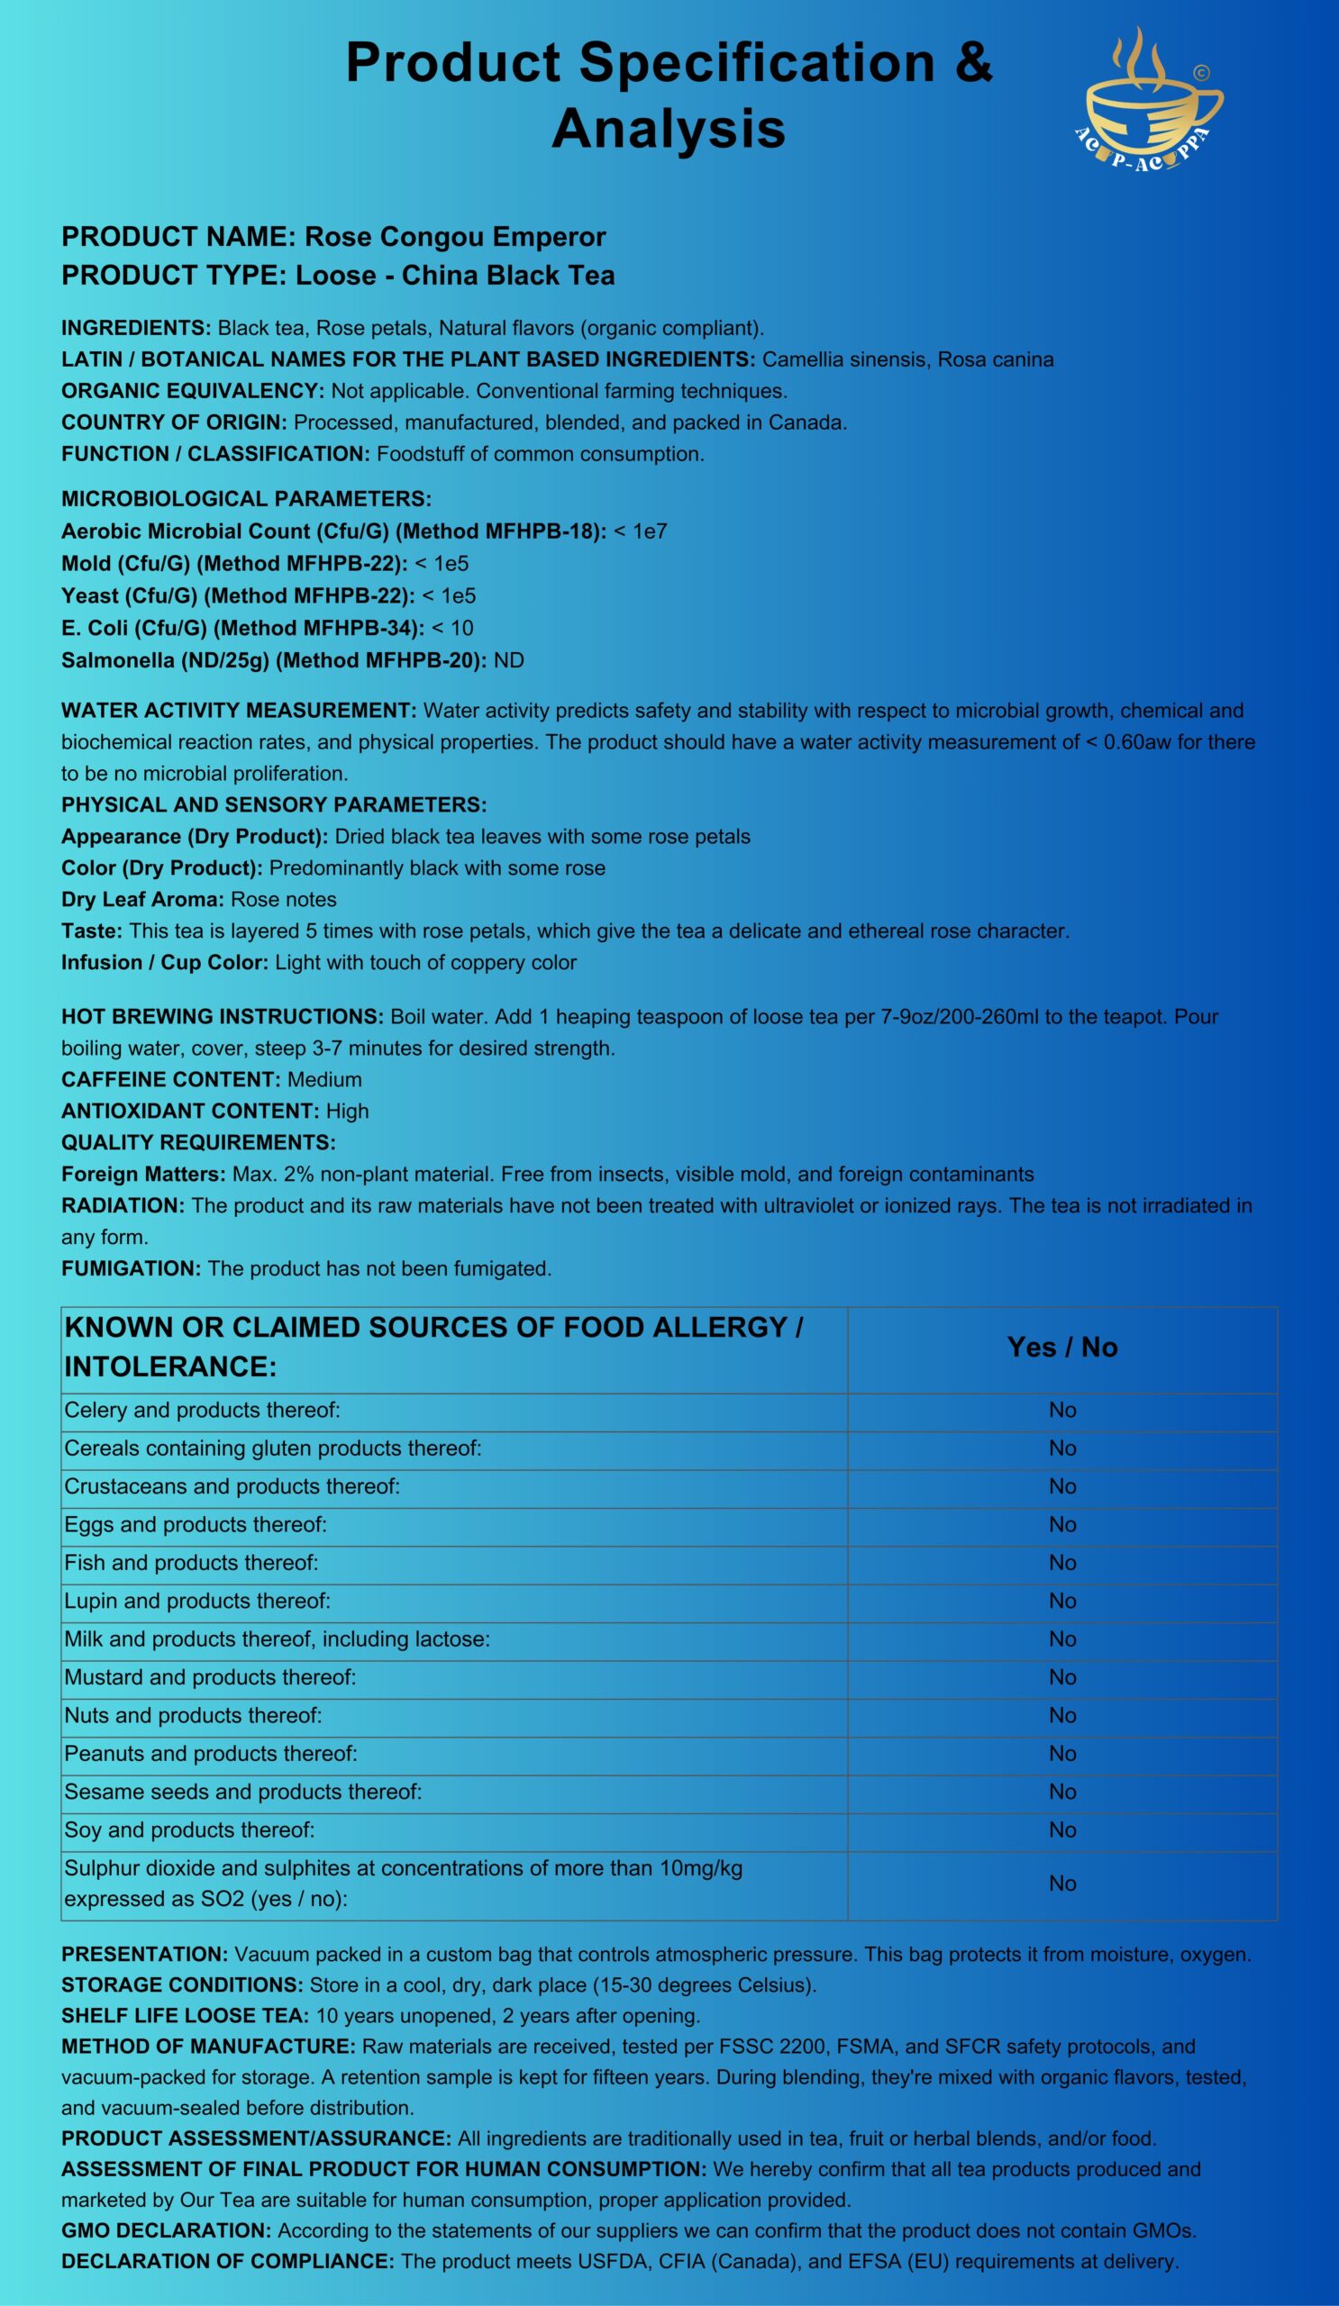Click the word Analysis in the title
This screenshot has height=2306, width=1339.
click(668, 128)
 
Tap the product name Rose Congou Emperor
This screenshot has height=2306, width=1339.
click(455, 237)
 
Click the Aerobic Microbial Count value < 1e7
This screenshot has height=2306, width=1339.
click(641, 531)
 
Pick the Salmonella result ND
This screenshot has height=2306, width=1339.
click(509, 660)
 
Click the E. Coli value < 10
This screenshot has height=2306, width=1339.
click(452, 629)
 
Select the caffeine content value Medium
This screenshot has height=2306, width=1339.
click(325, 1080)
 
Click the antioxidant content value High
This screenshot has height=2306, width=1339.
click(348, 1111)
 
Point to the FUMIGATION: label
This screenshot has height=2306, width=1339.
click(131, 1268)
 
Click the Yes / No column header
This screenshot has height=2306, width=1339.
click(1061, 1347)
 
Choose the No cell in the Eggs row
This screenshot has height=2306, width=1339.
click(1061, 1524)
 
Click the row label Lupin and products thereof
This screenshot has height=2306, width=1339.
click(197, 1601)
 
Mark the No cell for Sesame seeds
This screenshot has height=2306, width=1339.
click(1061, 1792)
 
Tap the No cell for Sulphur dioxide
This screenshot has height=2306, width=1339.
click(1061, 1884)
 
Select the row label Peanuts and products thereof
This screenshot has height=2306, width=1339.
click(211, 1753)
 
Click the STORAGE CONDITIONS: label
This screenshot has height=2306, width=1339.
click(182, 1985)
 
